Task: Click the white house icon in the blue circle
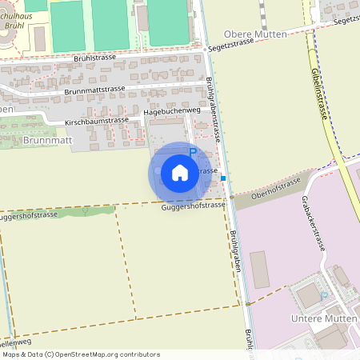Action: [179, 173]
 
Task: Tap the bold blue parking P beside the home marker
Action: [192, 152]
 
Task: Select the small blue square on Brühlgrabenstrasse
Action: [223, 178]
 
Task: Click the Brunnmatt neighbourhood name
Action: [48, 140]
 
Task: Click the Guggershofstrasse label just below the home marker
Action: [193, 206]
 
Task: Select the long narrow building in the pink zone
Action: [259, 269]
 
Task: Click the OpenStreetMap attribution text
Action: [80, 354]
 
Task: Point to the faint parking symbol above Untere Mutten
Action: [324, 294]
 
